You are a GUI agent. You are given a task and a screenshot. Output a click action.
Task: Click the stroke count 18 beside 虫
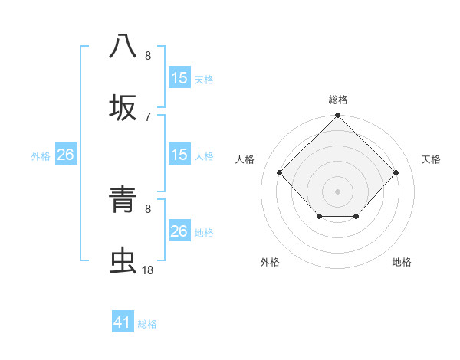147,270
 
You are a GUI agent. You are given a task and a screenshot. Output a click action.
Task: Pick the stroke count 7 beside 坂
147,116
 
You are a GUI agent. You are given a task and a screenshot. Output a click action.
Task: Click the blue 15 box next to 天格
179,78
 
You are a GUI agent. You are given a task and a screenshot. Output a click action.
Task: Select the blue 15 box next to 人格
179,155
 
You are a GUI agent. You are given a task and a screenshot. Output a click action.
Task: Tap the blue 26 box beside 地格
179,231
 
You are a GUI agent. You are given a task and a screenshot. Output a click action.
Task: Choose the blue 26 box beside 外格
65,155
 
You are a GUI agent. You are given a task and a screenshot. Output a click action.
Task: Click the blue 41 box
123,322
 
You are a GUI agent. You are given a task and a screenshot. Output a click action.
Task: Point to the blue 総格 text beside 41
147,324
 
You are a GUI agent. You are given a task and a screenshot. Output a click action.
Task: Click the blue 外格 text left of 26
41,155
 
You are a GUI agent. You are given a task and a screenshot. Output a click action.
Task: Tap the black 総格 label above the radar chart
338,100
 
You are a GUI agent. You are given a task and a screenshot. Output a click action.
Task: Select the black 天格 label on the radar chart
432,159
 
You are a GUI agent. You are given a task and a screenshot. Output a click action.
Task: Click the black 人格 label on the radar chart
245,159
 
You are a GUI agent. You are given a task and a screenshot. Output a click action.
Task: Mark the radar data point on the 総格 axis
338,116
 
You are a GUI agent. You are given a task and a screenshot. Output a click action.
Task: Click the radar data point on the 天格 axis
396,173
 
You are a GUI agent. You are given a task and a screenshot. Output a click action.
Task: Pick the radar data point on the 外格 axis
319,218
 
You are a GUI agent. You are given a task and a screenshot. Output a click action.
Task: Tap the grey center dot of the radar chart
338,191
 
